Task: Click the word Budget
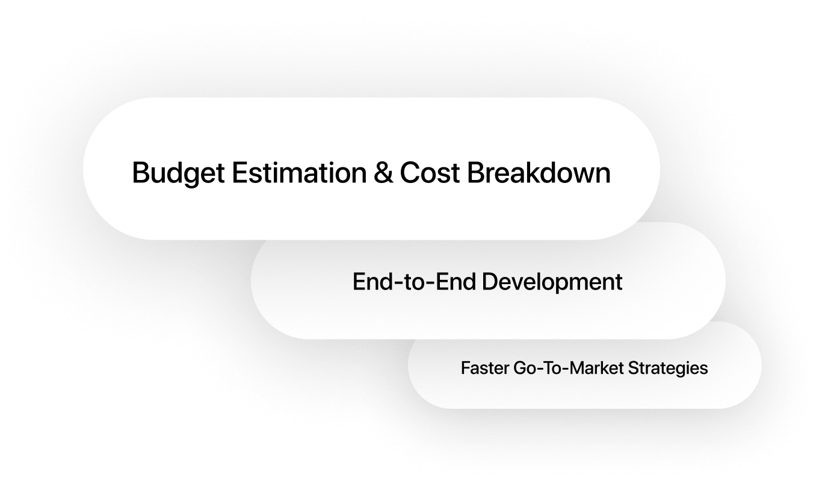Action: point(179,173)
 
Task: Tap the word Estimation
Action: point(300,172)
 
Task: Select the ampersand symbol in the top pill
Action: point(383,172)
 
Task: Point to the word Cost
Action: point(430,172)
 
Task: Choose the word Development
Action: point(552,282)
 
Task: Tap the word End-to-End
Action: point(414,281)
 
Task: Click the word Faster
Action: point(484,368)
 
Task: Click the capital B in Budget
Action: point(141,172)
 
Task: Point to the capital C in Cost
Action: point(410,172)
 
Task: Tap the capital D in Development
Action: point(490,281)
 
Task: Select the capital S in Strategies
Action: point(634,368)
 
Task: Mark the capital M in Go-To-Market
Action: point(576,368)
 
